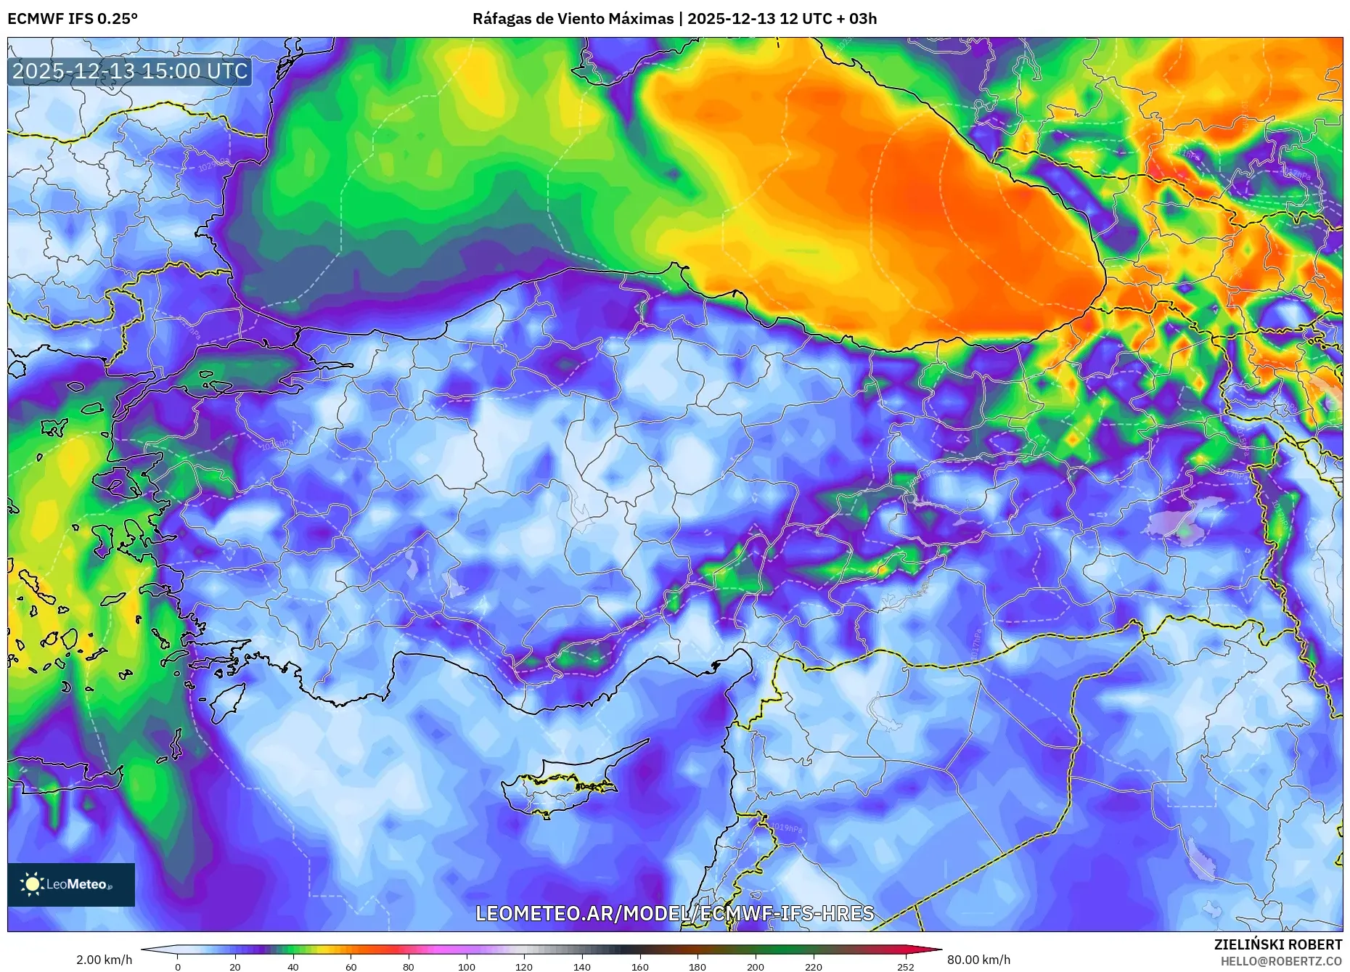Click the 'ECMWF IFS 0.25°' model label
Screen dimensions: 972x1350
[x=73, y=18]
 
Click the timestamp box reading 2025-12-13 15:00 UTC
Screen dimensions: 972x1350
[x=130, y=71]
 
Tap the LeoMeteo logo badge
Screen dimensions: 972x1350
[x=71, y=884]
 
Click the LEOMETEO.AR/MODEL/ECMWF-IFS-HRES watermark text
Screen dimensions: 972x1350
[x=674, y=913]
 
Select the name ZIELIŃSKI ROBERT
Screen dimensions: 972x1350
[x=1277, y=944]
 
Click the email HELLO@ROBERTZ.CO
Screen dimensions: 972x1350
[x=1280, y=961]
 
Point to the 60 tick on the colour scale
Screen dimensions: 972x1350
[x=351, y=966]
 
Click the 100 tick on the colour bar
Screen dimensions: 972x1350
[x=467, y=966]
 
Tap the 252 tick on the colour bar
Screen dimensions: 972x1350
[x=905, y=966]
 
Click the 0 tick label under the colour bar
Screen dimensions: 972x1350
[x=178, y=966]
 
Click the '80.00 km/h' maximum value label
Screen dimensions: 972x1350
[x=978, y=960]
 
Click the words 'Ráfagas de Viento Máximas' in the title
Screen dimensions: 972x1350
[x=573, y=18]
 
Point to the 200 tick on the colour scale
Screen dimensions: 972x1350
[x=755, y=966]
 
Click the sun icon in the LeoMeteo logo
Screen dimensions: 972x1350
[x=32, y=884]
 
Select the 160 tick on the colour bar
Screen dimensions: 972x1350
[x=639, y=966]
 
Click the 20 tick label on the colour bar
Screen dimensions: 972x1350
[x=234, y=966]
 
